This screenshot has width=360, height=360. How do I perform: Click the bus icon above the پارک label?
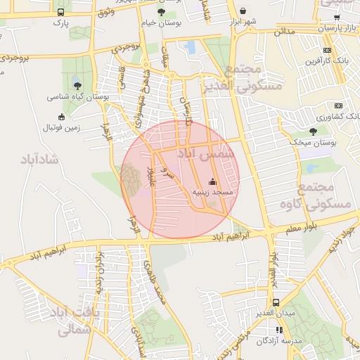[x=60, y=12]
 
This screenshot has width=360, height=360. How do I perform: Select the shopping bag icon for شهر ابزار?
[x=243, y=11]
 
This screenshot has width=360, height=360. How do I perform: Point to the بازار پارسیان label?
[x=333, y=29]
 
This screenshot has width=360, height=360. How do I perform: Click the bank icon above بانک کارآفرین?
[x=327, y=50]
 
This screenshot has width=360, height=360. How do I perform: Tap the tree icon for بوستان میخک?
[x=314, y=131]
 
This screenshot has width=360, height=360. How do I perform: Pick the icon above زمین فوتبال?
[x=61, y=117]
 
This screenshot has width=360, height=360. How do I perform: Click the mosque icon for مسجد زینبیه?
[x=213, y=181]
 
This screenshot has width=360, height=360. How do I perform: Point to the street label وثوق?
[x=106, y=13]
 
